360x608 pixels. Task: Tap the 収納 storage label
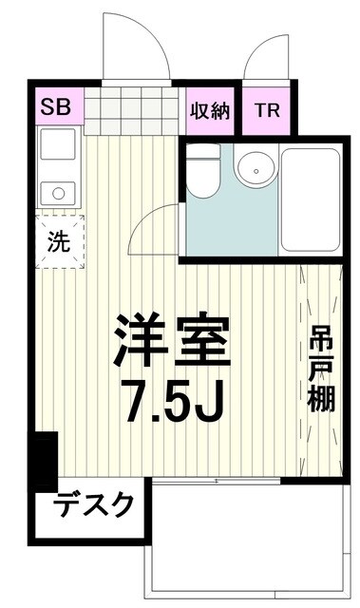[210, 110]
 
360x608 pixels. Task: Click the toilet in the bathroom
[200, 174]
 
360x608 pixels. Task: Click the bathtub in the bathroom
[310, 199]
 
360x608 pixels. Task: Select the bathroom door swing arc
[152, 228]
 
